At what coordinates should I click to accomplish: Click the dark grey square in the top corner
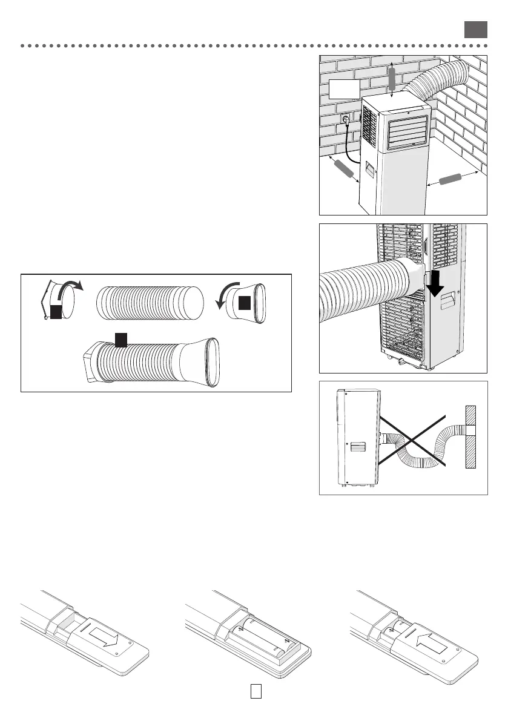click(x=476, y=30)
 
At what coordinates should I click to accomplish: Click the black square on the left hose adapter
click(x=56, y=312)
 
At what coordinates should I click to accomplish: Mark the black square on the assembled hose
click(x=120, y=340)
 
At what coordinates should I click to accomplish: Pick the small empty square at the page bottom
click(x=256, y=691)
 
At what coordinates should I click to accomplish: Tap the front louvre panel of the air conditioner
click(x=403, y=133)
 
